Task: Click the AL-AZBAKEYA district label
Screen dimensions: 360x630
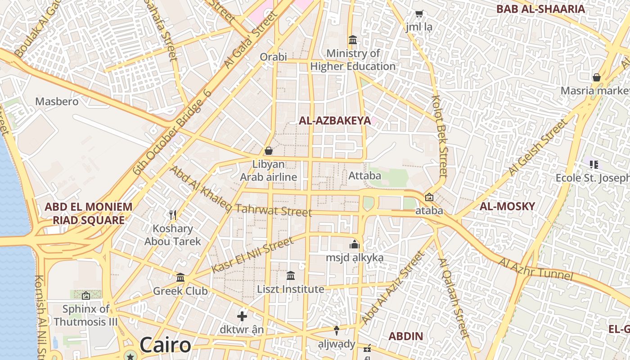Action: point(335,121)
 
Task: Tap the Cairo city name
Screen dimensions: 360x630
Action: point(165,345)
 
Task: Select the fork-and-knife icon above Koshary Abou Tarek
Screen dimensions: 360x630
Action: point(172,215)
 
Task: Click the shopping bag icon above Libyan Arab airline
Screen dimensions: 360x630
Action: point(269,150)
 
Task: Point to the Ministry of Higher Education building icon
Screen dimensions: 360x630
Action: point(353,40)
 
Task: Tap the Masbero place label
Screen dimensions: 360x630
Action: point(57,101)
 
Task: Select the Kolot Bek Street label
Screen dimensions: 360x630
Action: point(440,135)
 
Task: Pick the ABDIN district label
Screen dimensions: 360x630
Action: point(405,336)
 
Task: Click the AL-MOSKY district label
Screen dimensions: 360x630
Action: point(507,207)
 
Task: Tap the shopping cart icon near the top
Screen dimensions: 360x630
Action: point(419,14)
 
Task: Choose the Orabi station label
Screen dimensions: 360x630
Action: point(273,57)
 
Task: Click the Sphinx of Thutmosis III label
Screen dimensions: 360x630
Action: point(85,315)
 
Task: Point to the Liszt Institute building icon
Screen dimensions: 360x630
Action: point(291,275)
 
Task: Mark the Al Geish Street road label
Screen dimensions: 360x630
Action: point(538,148)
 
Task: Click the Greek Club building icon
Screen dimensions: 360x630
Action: point(180,277)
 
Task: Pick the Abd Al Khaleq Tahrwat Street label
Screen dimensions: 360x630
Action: point(241,192)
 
